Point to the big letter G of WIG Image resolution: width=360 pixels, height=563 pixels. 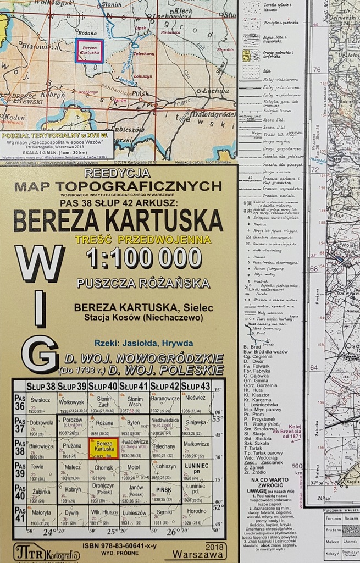tap(39, 355)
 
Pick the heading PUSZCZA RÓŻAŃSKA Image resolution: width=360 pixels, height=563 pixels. tap(143, 284)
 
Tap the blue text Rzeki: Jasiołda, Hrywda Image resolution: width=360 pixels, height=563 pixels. tap(143, 342)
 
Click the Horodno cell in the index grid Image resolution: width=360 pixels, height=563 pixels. tap(195, 514)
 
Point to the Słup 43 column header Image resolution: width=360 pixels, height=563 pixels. tap(195, 385)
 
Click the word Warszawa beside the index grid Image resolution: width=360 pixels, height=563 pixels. tap(195, 554)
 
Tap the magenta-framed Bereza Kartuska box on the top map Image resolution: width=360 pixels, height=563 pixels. tap(89, 51)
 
